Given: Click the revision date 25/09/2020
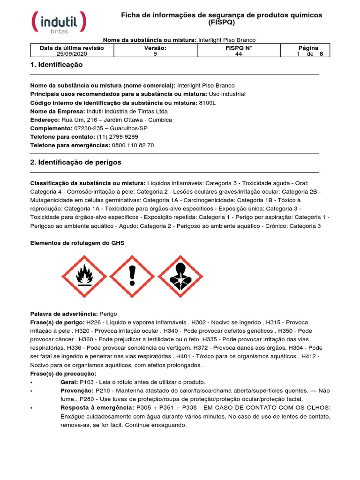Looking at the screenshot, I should [x=72, y=54].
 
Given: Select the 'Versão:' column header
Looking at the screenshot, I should [x=155, y=48].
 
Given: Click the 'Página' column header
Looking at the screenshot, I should [x=308, y=48].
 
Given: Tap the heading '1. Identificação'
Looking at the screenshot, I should [x=56, y=65].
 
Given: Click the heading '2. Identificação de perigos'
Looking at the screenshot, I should [x=75, y=162].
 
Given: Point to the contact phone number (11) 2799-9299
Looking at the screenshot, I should [x=117, y=137].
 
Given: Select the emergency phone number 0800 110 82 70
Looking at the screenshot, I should [x=133, y=145].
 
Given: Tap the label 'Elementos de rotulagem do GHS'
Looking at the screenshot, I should [x=77, y=243].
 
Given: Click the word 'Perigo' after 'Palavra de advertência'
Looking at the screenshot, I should [x=108, y=314].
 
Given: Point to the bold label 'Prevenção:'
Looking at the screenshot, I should [x=77, y=390].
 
